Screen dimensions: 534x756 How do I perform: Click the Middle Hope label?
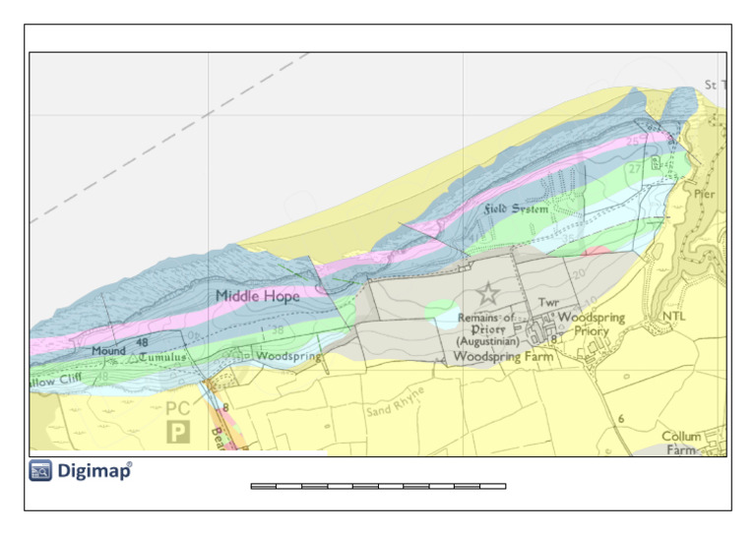click(257, 295)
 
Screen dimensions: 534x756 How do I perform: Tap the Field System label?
click(516, 209)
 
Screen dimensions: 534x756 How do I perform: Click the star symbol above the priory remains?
click(487, 293)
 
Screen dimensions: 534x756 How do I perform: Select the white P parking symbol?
click(178, 431)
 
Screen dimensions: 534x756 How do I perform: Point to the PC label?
click(178, 408)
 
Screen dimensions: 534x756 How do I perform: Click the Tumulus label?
click(161, 356)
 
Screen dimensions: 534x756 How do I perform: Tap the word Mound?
click(108, 350)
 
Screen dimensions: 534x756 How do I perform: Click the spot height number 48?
click(142, 342)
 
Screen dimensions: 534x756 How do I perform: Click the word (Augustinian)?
click(487, 341)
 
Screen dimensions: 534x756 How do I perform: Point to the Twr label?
click(548, 302)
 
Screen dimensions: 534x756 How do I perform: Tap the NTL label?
click(673, 316)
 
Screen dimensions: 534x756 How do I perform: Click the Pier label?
click(705, 194)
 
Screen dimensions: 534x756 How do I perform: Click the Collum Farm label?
click(681, 443)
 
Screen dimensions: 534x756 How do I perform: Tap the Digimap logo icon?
click(40, 471)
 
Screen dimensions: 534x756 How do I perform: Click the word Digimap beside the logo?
click(93, 471)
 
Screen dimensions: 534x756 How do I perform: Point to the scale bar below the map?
click(378, 486)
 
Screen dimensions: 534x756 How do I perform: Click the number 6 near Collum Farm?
click(621, 419)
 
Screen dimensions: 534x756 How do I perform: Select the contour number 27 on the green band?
click(634, 169)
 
